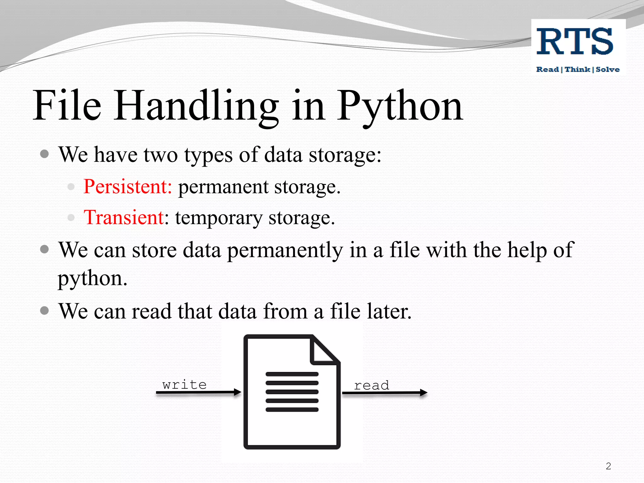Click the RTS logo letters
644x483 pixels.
[575, 41]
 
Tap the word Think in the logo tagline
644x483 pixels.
[577, 69]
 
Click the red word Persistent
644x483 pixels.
[127, 186]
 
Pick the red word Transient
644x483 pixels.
[124, 217]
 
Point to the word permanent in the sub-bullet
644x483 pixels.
[223, 187]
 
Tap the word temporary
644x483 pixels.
[219, 218]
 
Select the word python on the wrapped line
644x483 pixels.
[92, 279]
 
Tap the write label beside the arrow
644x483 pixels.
[185, 385]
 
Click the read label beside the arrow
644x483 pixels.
[372, 385]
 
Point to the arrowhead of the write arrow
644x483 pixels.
[238, 392]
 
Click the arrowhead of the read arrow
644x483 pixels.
[424, 392]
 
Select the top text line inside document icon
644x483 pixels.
[292, 374]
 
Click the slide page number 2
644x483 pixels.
[608, 466]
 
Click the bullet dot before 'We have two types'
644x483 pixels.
[45, 154]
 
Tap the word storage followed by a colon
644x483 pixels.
[345, 155]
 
